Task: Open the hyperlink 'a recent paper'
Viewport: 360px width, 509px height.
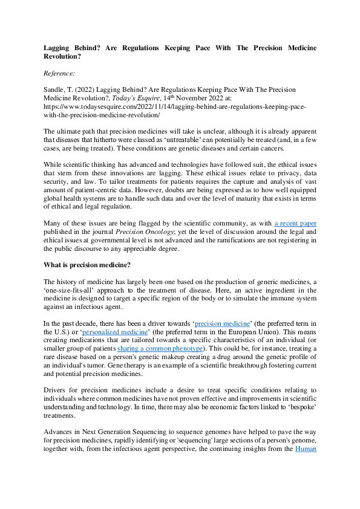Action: (x=295, y=224)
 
